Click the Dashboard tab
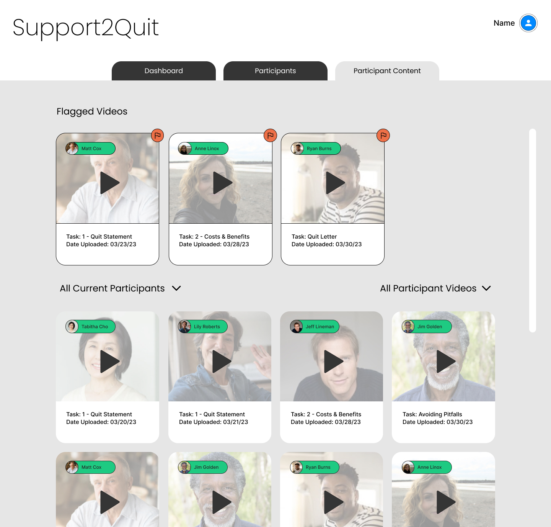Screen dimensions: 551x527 tap(164, 71)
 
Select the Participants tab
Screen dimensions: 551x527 tap(275, 71)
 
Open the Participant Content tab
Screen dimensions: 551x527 tap(387, 71)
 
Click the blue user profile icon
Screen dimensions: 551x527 tap(528, 23)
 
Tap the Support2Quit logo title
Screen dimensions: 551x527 tap(85, 28)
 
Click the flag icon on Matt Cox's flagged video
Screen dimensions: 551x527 tap(157, 136)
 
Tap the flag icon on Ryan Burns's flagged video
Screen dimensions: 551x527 tap(383, 136)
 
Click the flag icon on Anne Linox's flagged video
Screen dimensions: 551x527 tap(270, 136)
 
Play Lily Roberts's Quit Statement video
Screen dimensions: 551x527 tap(222, 361)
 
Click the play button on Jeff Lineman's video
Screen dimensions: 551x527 tap(333, 361)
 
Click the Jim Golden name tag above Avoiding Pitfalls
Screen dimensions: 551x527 tap(427, 326)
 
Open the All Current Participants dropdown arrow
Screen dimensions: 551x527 tap(176, 288)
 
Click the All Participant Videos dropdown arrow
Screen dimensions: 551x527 tap(486, 288)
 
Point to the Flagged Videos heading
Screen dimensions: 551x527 tap(92, 111)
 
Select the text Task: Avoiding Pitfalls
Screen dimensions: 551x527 tap(432, 414)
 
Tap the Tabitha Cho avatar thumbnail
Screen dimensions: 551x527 tap(72, 326)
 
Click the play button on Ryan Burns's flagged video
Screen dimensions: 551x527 tap(335, 183)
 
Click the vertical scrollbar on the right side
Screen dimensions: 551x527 tap(533, 231)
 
